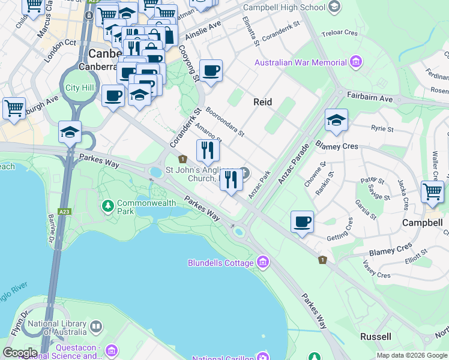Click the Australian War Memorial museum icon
(x=357, y=62)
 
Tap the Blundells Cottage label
(x=220, y=263)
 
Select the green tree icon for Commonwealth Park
(x=108, y=206)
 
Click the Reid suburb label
(x=262, y=102)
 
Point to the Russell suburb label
(x=375, y=336)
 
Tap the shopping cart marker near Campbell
(x=432, y=192)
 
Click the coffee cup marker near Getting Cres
(x=302, y=221)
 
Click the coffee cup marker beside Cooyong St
(x=211, y=71)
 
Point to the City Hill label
(x=80, y=88)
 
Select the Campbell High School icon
(x=335, y=7)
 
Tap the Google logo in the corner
(x=20, y=353)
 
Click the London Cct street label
(x=62, y=43)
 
